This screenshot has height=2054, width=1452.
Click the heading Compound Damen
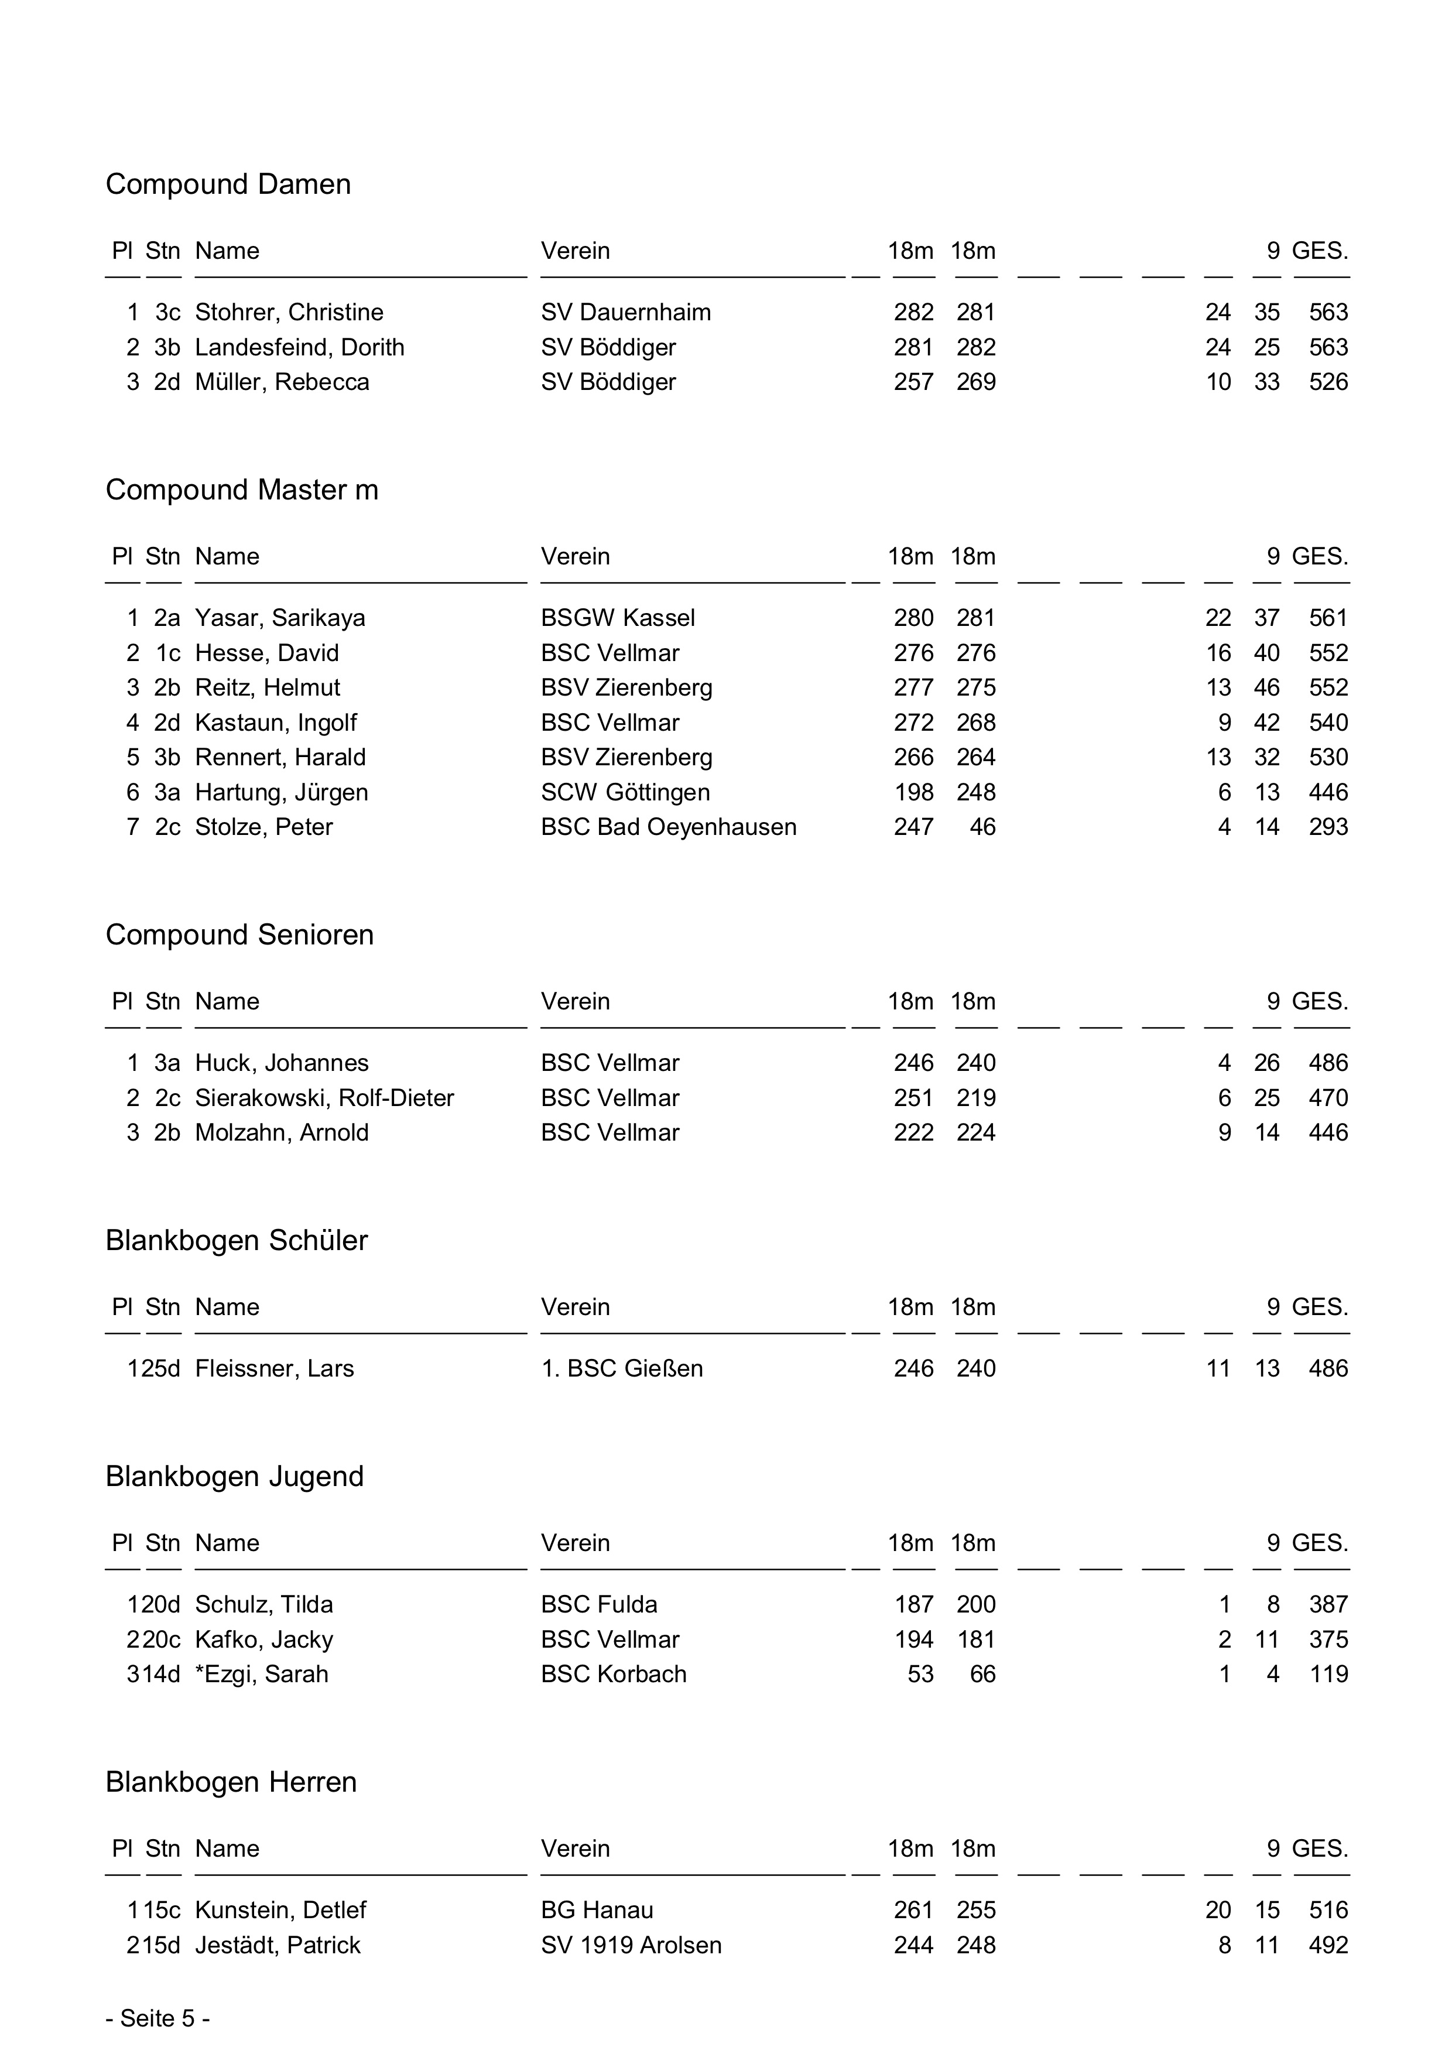click(228, 184)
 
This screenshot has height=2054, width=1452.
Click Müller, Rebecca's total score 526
click(1328, 382)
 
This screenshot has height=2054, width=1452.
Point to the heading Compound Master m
click(242, 490)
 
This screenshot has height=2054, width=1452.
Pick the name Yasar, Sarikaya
click(280, 618)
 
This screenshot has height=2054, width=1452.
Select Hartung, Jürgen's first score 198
click(913, 793)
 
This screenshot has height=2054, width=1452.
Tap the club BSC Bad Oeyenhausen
click(668, 827)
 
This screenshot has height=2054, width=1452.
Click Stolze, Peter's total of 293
click(1328, 827)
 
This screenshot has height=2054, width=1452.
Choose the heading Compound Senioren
click(240, 935)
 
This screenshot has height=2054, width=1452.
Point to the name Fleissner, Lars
click(275, 1369)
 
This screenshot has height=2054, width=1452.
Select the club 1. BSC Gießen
click(622, 1369)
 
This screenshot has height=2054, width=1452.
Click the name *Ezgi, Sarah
click(261, 1675)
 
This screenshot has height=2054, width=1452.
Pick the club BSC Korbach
click(614, 1675)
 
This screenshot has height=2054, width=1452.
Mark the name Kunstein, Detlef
click(281, 1911)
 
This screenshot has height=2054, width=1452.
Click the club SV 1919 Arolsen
click(631, 1946)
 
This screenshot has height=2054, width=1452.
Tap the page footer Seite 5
click(157, 2019)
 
